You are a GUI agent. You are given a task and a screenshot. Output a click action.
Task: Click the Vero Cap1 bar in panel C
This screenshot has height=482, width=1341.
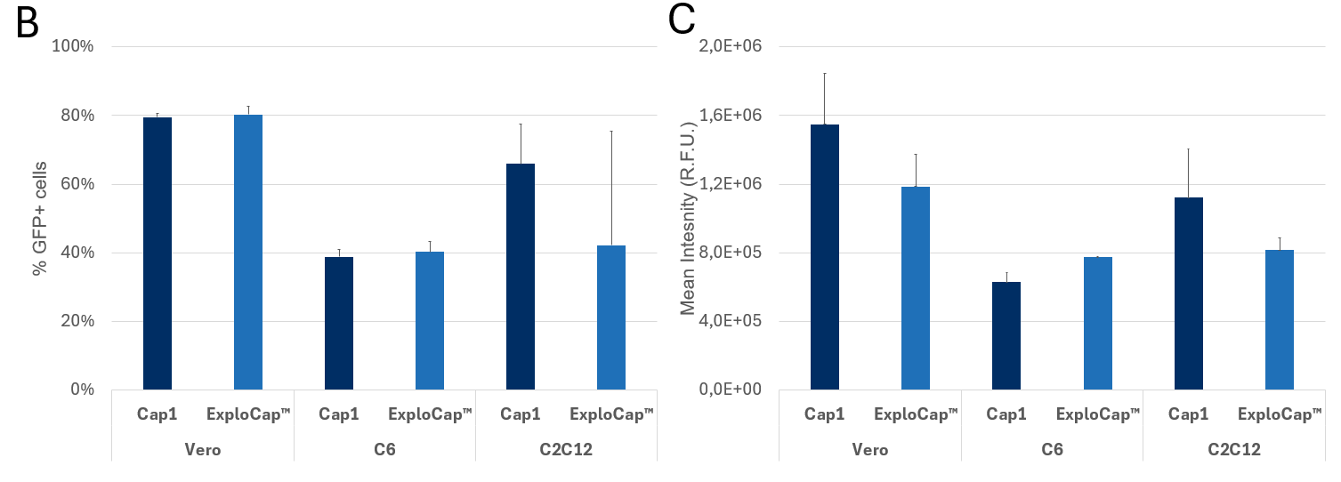pyautogui.click(x=825, y=257)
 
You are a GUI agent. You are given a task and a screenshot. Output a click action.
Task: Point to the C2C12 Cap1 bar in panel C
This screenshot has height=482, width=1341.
pyautogui.click(x=1189, y=293)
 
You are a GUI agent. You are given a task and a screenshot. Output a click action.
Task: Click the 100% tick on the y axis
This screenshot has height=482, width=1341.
pyautogui.click(x=73, y=46)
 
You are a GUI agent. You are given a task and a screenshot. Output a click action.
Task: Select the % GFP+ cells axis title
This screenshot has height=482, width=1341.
pyautogui.click(x=39, y=219)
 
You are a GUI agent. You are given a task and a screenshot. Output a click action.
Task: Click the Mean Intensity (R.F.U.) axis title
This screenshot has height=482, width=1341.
pyautogui.click(x=687, y=218)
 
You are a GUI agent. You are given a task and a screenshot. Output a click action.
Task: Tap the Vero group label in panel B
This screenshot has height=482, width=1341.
pyautogui.click(x=203, y=450)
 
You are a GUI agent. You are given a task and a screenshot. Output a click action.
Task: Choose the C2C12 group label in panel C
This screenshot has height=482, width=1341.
pyautogui.click(x=1233, y=450)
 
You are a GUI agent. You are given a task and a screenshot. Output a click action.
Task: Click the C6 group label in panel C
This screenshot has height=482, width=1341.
pyautogui.click(x=1052, y=450)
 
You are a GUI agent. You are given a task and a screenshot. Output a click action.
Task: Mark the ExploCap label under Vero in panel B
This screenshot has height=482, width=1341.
pyautogui.click(x=248, y=414)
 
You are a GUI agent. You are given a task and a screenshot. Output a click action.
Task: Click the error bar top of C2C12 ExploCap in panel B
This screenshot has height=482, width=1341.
pyautogui.click(x=611, y=132)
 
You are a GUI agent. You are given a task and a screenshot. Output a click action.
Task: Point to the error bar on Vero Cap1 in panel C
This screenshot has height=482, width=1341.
pyautogui.click(x=825, y=98)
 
